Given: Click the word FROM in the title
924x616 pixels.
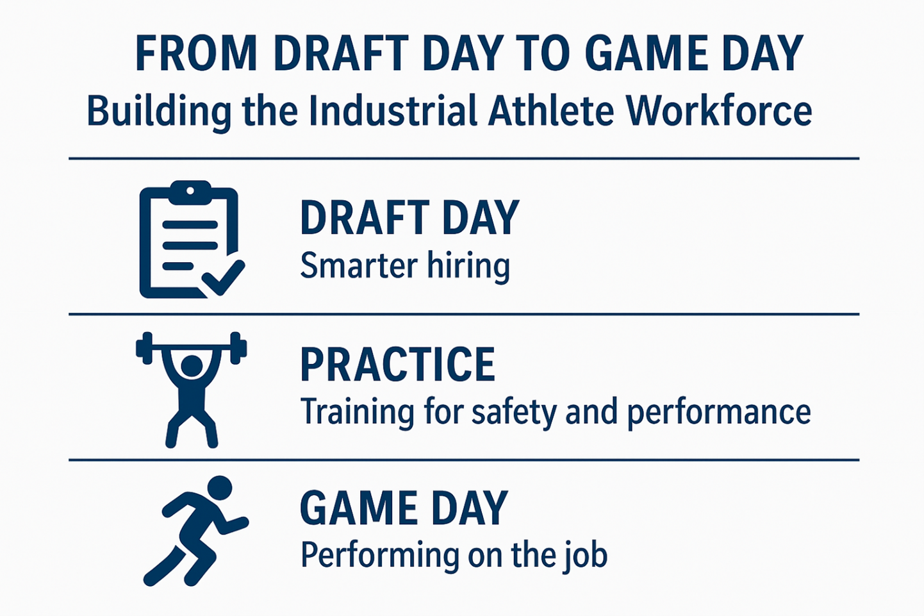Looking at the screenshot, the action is pyautogui.click(x=196, y=53).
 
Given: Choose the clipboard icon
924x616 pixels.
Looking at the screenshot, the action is pyautogui.click(x=192, y=239).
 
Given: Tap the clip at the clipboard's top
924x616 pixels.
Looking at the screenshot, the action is pyautogui.click(x=190, y=192).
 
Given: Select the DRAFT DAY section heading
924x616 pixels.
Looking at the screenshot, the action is pyautogui.click(x=409, y=217).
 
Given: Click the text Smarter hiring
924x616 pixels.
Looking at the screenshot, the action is pyautogui.click(x=405, y=266).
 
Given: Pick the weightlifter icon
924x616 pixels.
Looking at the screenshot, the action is pyautogui.click(x=192, y=390).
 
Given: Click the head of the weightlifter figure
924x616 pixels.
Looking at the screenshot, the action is pyautogui.click(x=192, y=366).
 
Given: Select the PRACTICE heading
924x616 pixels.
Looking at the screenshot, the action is pyautogui.click(x=398, y=364).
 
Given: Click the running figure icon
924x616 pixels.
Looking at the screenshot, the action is pyautogui.click(x=196, y=531).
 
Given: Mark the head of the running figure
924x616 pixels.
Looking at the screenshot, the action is pyautogui.click(x=219, y=488).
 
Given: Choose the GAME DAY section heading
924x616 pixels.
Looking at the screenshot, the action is pyautogui.click(x=404, y=508).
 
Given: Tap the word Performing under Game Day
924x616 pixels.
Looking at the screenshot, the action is pyautogui.click(x=379, y=556).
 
